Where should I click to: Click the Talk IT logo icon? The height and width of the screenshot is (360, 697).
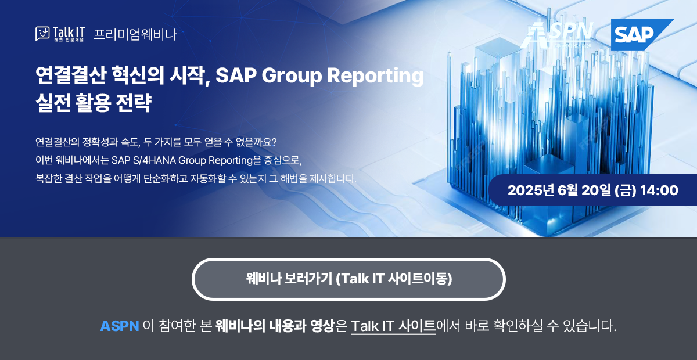(x=42, y=34)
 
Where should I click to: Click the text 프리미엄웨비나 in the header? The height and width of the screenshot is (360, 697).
(x=135, y=34)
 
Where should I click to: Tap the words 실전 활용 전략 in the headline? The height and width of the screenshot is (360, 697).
(x=93, y=103)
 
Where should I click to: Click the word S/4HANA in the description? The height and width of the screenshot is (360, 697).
(x=153, y=160)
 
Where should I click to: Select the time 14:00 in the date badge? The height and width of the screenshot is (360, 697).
(x=659, y=190)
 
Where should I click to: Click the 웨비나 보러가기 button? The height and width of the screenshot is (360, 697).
(x=348, y=279)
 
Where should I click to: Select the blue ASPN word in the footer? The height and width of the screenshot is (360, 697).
(x=120, y=326)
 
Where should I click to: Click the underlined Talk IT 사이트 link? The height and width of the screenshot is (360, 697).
(x=393, y=326)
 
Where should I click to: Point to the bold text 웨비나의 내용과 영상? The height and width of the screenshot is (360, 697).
(x=275, y=326)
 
